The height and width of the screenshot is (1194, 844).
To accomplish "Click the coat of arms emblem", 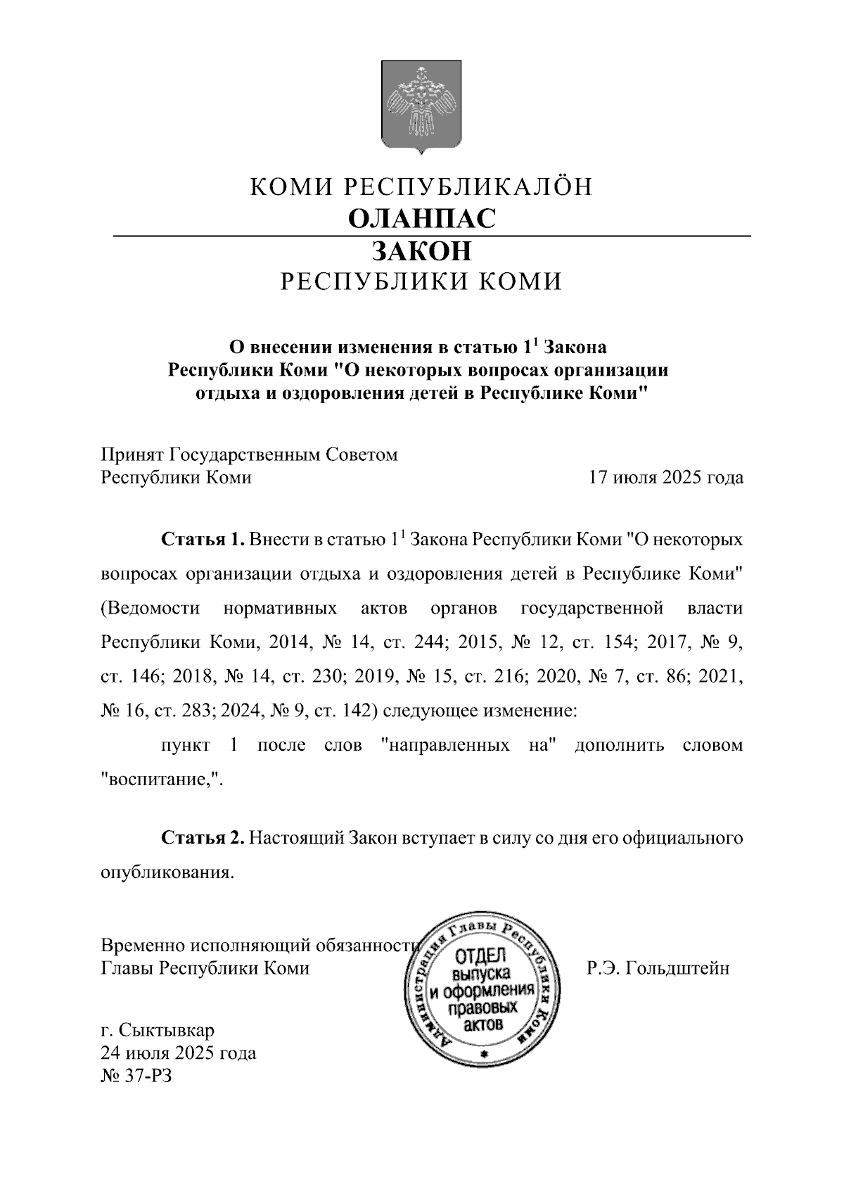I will coord(421,106).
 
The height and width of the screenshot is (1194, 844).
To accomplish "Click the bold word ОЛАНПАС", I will coord(422,218).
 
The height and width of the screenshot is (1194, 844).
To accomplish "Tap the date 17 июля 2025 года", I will coord(665,478).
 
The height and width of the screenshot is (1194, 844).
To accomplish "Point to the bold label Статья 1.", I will coord(203,540).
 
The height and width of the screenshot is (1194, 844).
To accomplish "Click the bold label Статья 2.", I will coord(203,837).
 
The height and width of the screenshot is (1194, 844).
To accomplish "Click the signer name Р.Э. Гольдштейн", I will coord(658,968).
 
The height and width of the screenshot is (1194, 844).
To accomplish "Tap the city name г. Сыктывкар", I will coord(158,1031).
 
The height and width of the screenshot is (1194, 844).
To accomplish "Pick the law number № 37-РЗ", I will coord(136,1076).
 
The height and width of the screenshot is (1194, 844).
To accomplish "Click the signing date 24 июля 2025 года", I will coord(179,1053).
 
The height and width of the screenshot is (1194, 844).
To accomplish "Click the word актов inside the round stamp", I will coord(484,1024).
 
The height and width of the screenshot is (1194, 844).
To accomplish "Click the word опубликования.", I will coord(167,872).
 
